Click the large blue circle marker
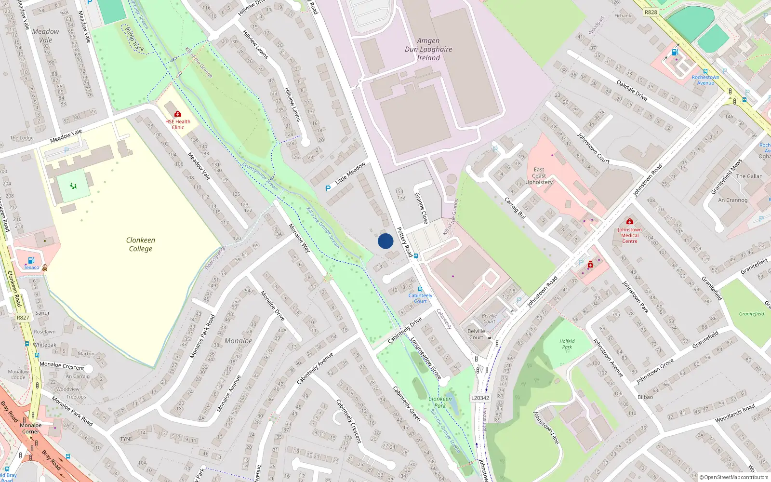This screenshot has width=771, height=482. pyautogui.click(x=385, y=241)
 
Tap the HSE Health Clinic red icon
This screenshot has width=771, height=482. pyautogui.click(x=178, y=114)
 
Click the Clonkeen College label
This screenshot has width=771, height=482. pyautogui.click(x=140, y=244)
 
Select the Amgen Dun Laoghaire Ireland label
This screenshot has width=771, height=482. pyautogui.click(x=428, y=49)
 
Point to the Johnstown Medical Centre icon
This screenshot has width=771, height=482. pyautogui.click(x=630, y=222)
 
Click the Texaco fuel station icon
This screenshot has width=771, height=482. pyautogui.click(x=31, y=261)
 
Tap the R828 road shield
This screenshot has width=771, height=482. pyautogui.click(x=651, y=12)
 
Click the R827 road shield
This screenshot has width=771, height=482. pyautogui.click(x=23, y=318)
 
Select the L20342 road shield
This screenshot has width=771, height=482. pyautogui.click(x=480, y=398)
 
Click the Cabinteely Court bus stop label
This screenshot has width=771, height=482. pyautogui.click(x=420, y=298)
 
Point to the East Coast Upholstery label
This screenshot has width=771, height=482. pyautogui.click(x=539, y=176)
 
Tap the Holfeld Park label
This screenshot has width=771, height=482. pyautogui.click(x=567, y=344)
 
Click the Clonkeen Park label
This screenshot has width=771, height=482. pyautogui.click(x=440, y=402)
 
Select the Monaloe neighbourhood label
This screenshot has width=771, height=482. pyautogui.click(x=238, y=341)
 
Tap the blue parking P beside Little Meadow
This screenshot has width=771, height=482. pyautogui.click(x=328, y=188)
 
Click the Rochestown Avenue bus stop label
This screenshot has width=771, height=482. pyautogui.click(x=705, y=80)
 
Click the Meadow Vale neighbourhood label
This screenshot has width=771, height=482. pyautogui.click(x=46, y=36)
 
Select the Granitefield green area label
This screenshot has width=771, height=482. pyautogui.click(x=751, y=314)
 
